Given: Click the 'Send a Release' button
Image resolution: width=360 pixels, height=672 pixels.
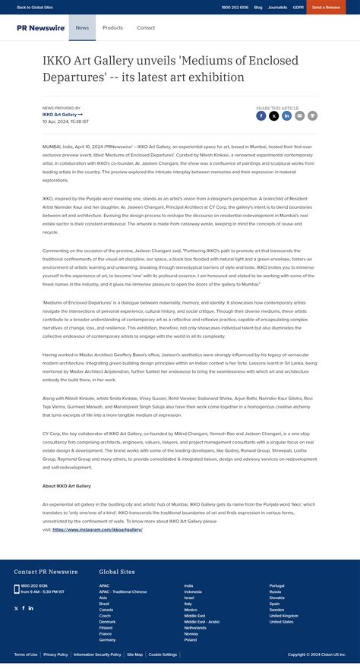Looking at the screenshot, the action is click(x=326, y=7).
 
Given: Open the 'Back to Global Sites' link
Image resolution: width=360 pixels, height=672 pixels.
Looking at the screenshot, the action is click(x=34, y=7).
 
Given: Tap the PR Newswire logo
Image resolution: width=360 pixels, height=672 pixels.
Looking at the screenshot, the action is click(x=41, y=27).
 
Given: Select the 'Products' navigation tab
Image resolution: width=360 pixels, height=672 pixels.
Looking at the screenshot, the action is click(x=112, y=27).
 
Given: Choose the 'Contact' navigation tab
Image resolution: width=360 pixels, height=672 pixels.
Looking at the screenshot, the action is click(x=146, y=27).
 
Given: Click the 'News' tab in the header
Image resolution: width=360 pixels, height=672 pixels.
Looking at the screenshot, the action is click(x=82, y=27).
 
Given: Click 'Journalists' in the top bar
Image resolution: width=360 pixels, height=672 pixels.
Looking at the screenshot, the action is click(x=278, y=7).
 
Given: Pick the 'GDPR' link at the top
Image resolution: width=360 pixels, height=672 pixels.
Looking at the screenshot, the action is click(x=297, y=7).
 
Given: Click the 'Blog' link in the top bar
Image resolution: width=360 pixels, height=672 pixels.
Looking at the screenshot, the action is click(x=258, y=7).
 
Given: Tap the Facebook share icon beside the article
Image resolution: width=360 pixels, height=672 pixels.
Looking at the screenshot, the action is click(x=261, y=115).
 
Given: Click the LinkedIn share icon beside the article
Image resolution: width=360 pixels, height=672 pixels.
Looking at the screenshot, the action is click(x=287, y=115).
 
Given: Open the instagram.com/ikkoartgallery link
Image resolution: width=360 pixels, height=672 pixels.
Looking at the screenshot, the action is click(x=98, y=529).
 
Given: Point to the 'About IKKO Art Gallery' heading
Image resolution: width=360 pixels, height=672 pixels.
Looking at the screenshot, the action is click(x=67, y=485).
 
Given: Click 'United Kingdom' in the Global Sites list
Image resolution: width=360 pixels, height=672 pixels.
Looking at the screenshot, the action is click(x=284, y=615).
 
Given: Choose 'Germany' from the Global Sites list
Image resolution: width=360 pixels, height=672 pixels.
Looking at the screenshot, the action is click(x=107, y=639).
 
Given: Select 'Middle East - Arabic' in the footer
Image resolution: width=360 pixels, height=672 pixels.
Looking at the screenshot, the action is click(x=201, y=621).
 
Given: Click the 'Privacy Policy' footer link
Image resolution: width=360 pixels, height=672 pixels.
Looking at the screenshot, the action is click(x=55, y=654).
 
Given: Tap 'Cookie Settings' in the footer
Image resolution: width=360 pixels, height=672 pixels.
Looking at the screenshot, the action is click(x=163, y=654).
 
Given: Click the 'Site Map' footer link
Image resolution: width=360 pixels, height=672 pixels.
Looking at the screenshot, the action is click(x=134, y=654).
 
